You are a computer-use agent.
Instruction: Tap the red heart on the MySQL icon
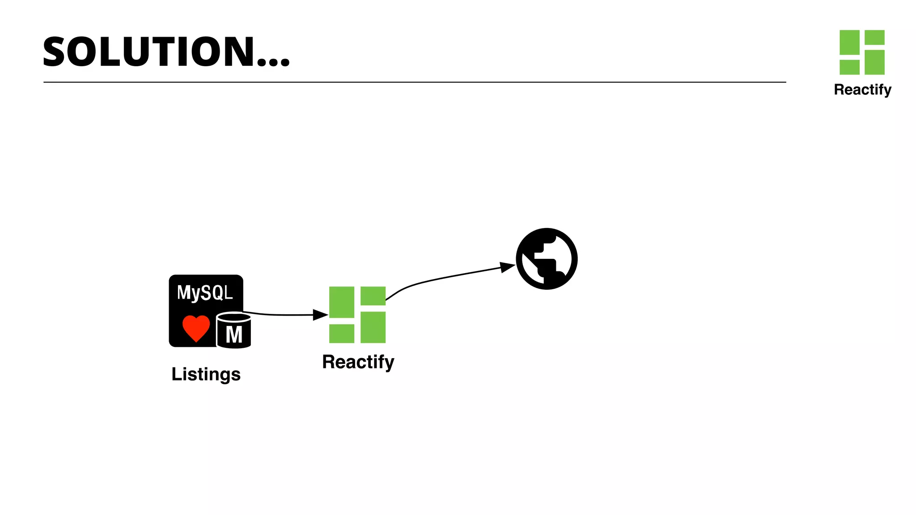click(x=196, y=328)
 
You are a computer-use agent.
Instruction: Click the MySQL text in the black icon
click(x=205, y=293)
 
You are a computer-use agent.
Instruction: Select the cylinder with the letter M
click(x=233, y=331)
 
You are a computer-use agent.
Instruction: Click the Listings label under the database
click(x=206, y=374)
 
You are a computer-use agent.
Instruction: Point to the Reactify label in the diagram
click(x=358, y=362)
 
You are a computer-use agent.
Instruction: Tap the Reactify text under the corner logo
click(x=862, y=90)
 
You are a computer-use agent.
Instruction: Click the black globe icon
click(x=547, y=259)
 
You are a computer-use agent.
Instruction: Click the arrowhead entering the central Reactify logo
click(x=320, y=315)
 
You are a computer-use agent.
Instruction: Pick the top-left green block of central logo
click(x=342, y=302)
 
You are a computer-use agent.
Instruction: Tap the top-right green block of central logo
click(x=373, y=296)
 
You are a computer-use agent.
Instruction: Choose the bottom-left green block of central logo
click(x=342, y=333)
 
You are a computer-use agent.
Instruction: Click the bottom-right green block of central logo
click(x=373, y=327)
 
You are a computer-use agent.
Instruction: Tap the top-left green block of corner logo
click(x=849, y=42)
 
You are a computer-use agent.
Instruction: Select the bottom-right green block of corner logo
click(x=874, y=62)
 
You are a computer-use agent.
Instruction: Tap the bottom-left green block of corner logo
click(x=849, y=67)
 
